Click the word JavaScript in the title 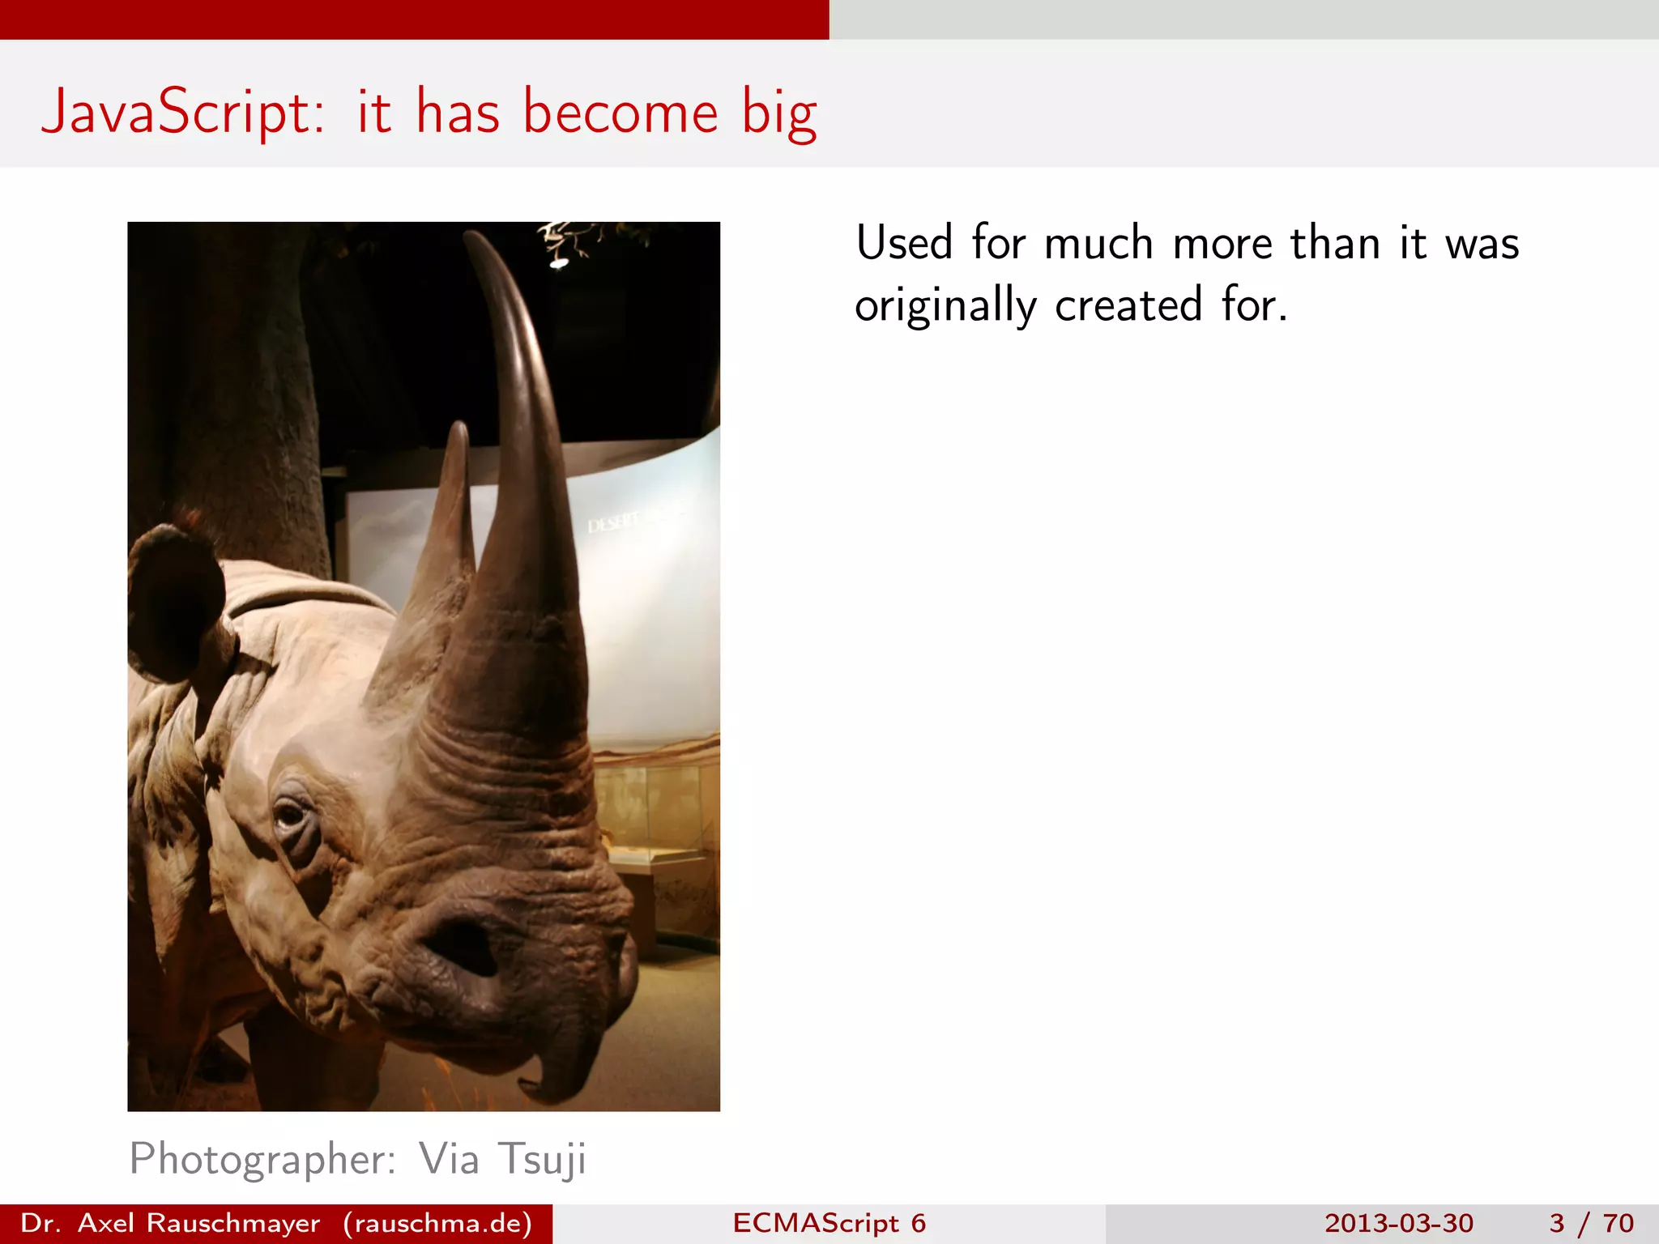[182, 113]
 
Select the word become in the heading [621, 112]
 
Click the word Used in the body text [904, 243]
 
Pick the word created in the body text [1128, 306]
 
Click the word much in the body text [1098, 243]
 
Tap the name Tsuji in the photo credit [541, 1160]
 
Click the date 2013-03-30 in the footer [1399, 1223]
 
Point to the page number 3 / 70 [1591, 1223]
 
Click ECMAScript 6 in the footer [829, 1223]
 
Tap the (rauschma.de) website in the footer [437, 1223]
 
